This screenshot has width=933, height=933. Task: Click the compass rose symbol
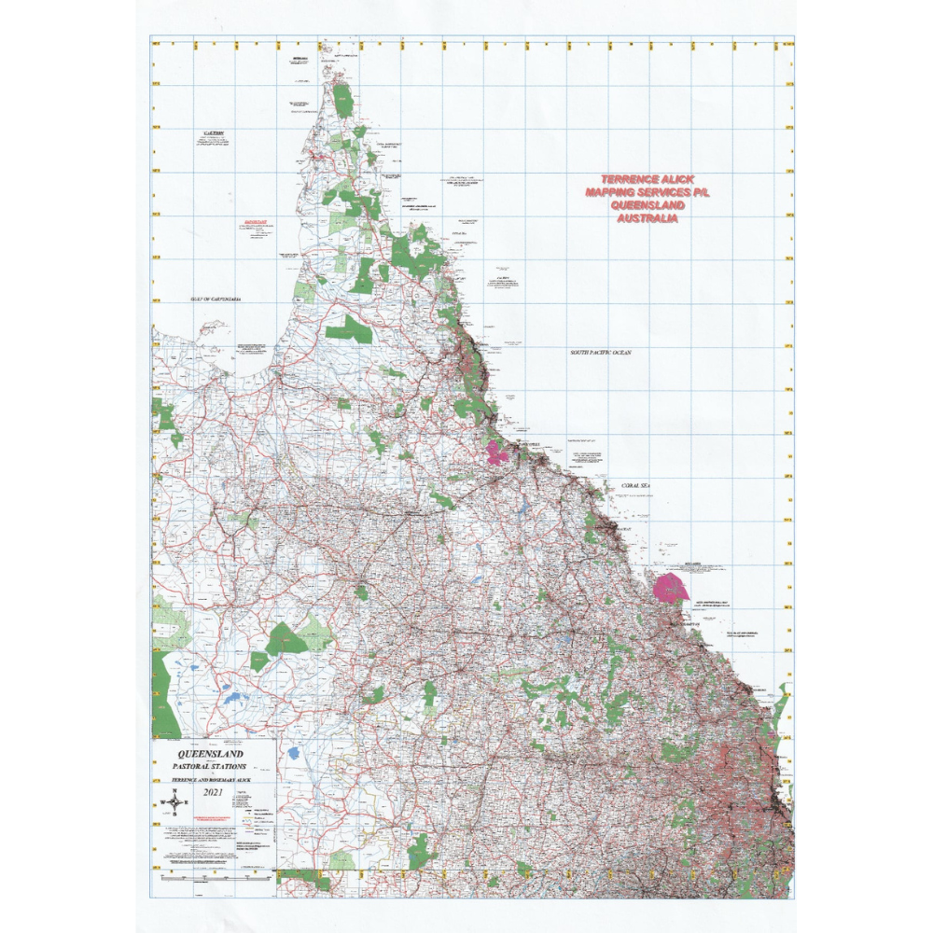174,801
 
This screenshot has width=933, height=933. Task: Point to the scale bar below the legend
215,877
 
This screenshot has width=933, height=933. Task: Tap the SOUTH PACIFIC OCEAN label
602,352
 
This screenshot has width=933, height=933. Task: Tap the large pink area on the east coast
671,589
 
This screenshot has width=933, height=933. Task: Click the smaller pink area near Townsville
496,454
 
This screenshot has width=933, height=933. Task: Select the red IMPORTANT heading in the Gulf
255,223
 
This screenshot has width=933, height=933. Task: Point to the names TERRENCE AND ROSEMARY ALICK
212,778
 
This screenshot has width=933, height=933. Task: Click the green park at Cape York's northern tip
343,100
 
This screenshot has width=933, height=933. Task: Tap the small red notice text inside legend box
214,817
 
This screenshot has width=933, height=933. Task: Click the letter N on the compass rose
174,790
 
